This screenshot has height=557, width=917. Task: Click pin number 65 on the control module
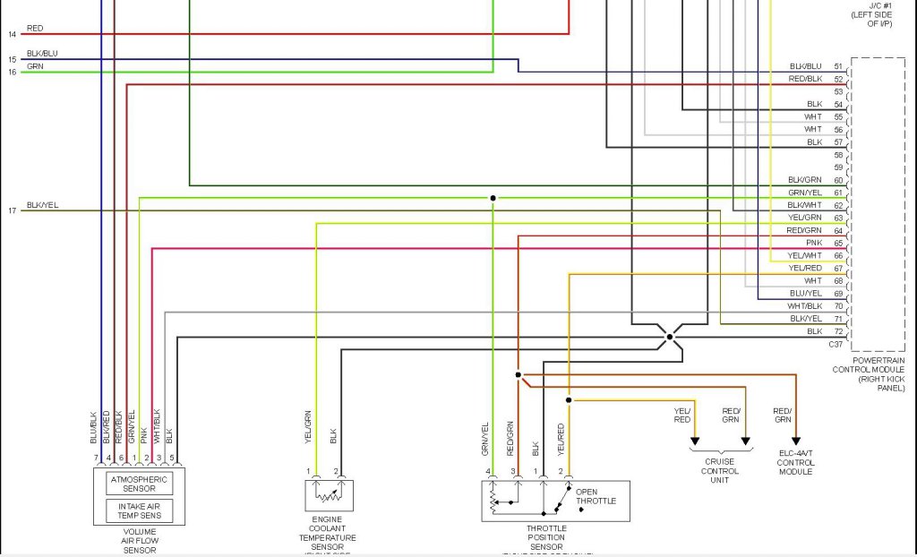point(838,243)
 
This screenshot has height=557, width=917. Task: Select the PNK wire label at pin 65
point(814,243)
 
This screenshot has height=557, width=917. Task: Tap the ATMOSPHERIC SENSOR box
point(140,484)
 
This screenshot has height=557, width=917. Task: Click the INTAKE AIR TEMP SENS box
point(140,510)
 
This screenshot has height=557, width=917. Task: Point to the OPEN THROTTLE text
point(596,496)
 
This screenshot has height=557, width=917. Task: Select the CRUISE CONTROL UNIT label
point(719,471)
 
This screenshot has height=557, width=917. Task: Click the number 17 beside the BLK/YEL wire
point(13,211)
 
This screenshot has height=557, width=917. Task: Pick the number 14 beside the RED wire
point(13,35)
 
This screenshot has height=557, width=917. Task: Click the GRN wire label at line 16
point(35,66)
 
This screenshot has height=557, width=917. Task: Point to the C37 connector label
point(836,345)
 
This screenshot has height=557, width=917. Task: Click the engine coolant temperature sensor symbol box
point(329,495)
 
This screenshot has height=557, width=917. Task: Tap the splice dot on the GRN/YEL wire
point(492,198)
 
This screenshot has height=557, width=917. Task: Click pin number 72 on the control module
point(838,331)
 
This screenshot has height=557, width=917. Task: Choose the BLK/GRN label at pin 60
point(805,180)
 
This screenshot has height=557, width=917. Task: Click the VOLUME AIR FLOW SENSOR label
point(140,541)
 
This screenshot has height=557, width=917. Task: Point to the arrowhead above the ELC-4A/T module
point(795,441)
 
